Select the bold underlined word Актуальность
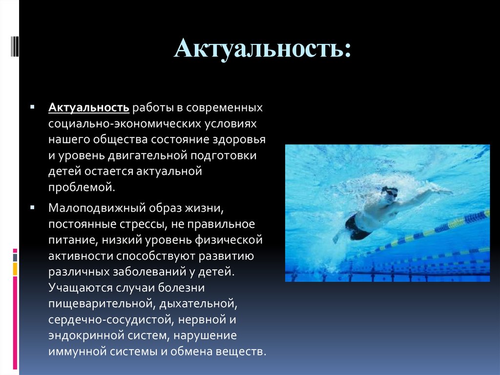click(x=88, y=107)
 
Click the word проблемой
click(x=82, y=187)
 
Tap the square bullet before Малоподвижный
click(x=32, y=207)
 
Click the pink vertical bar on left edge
click(x=15, y=323)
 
